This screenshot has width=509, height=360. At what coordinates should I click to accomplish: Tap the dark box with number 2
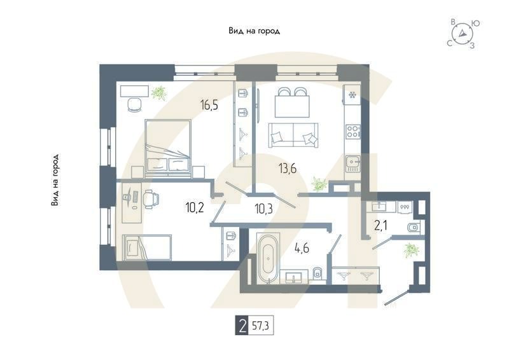tap(242, 328)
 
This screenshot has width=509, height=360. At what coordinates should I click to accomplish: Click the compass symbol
tap(463, 34)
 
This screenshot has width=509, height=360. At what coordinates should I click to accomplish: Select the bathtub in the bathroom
tap(267, 258)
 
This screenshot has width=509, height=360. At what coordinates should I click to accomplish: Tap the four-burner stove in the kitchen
tap(352, 132)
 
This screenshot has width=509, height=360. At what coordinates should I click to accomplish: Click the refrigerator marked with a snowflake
tap(352, 95)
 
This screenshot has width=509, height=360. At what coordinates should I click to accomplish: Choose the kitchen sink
tap(352, 165)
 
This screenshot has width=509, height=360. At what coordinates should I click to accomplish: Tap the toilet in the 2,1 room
tap(414, 227)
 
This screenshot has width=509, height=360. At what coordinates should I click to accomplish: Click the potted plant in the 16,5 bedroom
tap(158, 93)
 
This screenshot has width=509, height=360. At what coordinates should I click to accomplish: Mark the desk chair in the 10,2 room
tap(151, 199)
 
